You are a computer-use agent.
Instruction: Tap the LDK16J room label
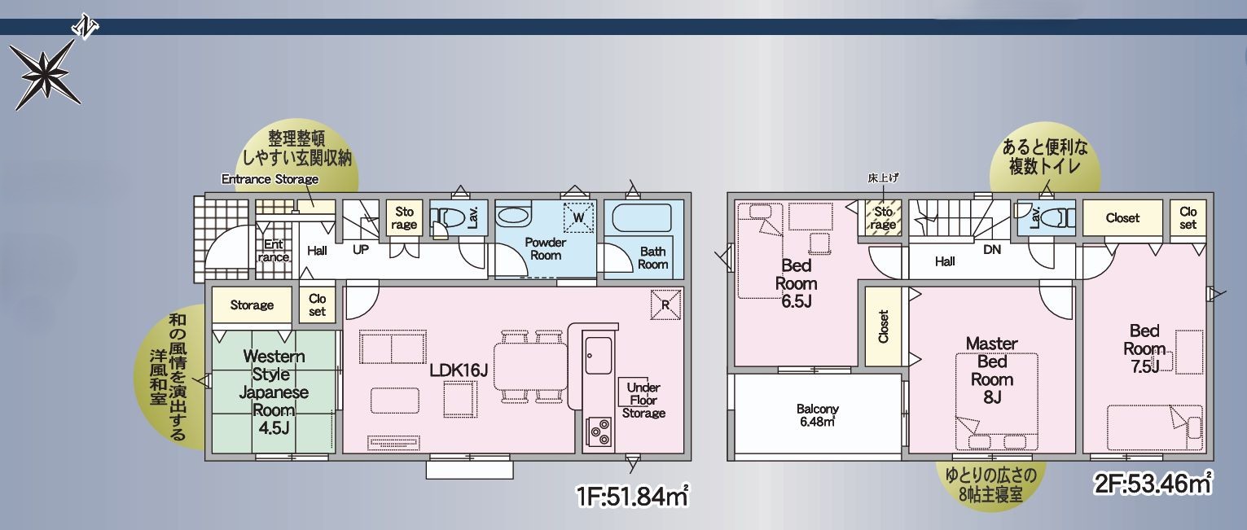(x=459, y=370)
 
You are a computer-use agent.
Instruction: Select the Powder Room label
(x=545, y=249)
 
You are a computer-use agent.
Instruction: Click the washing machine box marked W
(x=578, y=217)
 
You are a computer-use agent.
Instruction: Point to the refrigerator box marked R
(x=665, y=304)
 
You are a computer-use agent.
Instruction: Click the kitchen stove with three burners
(x=599, y=431)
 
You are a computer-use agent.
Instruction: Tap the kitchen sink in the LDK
(x=599, y=355)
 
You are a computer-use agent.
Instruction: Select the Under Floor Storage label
(x=643, y=401)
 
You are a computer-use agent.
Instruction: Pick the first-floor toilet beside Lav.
(x=448, y=218)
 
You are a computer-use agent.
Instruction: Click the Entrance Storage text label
(x=270, y=179)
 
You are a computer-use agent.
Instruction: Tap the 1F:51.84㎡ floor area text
(x=633, y=496)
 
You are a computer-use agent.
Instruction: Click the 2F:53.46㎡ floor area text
(x=1153, y=484)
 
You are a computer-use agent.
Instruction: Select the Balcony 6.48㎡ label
(x=817, y=415)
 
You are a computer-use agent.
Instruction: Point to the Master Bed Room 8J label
(x=992, y=370)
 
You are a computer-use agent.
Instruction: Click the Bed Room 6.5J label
(x=796, y=283)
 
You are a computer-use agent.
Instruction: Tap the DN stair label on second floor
(x=992, y=250)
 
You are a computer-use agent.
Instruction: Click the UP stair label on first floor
(x=361, y=250)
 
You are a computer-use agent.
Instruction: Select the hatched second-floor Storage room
(x=883, y=218)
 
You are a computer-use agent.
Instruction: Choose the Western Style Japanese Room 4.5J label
(x=274, y=392)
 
